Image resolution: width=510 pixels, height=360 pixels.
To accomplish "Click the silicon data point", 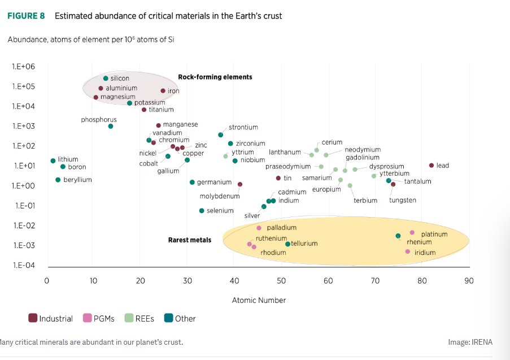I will coord(106,79).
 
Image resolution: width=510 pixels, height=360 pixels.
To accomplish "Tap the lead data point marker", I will coord(431,166).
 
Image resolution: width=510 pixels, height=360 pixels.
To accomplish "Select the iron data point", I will coord(163,91).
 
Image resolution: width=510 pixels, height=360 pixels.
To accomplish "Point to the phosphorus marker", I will coord(111,126).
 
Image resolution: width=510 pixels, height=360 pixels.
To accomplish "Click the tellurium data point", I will coord(287,244).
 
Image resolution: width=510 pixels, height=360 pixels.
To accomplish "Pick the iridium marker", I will coord(407,251).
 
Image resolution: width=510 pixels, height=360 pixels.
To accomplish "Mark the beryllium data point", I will coord(58,180).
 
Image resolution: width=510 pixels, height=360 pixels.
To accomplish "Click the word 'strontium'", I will coord(243,128).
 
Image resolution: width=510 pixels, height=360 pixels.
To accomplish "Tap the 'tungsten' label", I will coord(403,200).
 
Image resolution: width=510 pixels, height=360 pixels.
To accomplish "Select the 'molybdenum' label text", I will coord(220,197).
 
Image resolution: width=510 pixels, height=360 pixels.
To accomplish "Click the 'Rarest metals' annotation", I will coord(190,240).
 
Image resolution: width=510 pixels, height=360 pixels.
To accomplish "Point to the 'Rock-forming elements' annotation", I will coord(215,77).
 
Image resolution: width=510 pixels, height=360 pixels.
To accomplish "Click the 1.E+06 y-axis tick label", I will coord(23,67).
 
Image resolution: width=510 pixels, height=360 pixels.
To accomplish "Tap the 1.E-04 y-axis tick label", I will coord(23,265).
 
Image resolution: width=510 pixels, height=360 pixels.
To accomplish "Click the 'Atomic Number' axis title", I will coord(259,300).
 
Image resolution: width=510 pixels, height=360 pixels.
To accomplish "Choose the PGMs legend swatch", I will coord(88,318).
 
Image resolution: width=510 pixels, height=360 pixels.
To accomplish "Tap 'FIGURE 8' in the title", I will coord(26,16).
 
